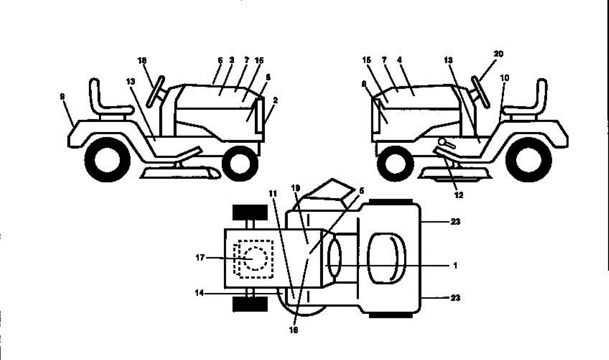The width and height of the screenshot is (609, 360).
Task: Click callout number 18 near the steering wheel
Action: (x=142, y=61)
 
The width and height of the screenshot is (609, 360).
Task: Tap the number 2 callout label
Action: (x=275, y=101)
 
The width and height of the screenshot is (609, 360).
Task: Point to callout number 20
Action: (x=498, y=54)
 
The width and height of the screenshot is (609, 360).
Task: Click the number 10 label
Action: (x=505, y=78)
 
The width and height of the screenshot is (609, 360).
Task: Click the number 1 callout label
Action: (x=455, y=265)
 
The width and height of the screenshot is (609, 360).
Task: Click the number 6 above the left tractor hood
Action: (x=220, y=60)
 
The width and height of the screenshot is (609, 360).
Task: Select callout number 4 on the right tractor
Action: (x=399, y=60)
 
